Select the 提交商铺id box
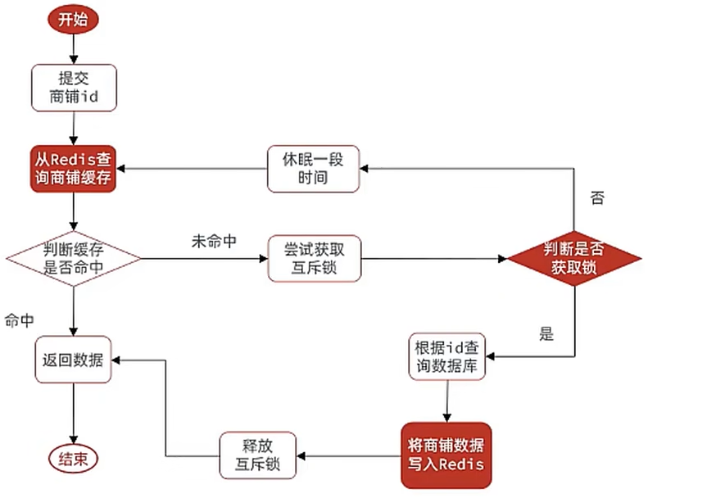pos(74,88)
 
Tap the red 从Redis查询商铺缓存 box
pos(74,168)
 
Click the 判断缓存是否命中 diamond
pos(74,260)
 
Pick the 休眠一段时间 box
pos(314,169)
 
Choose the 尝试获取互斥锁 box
pos(314,259)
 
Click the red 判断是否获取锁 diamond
pos(574,259)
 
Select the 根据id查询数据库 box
pos(447,356)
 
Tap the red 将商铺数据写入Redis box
pos(446,455)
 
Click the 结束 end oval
pos(74,458)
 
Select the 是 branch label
pos(546,333)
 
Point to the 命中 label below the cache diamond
pos(20,319)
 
